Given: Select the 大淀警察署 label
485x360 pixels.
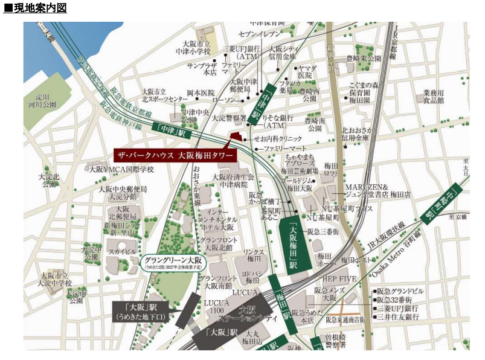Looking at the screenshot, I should coord(229,118).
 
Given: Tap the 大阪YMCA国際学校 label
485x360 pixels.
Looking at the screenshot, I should coord(121,169).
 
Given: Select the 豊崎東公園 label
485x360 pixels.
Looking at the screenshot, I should coord(364,59).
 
